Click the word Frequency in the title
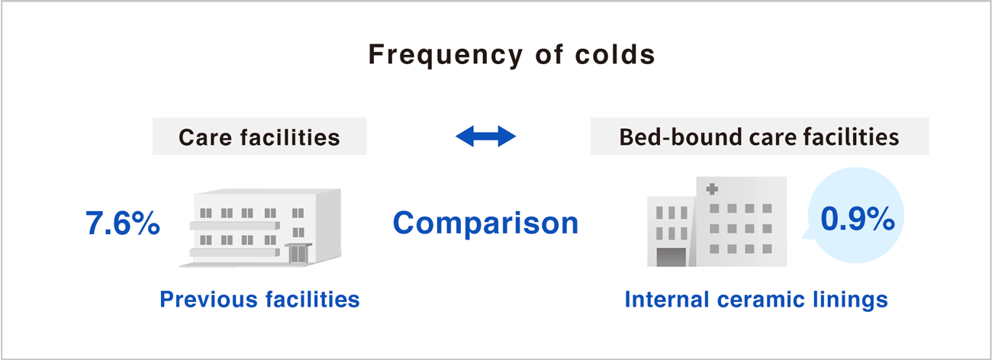click(x=446, y=56)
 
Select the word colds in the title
click(x=615, y=54)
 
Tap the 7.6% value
click(x=123, y=223)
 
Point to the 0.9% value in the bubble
click(x=858, y=219)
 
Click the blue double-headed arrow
click(x=486, y=136)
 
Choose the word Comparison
click(x=486, y=223)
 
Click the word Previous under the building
click(x=208, y=300)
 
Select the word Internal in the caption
click(x=667, y=299)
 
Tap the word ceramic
click(x=761, y=300)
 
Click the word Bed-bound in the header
click(x=680, y=137)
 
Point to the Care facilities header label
click(x=259, y=137)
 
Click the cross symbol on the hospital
click(x=712, y=189)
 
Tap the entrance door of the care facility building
click(x=298, y=254)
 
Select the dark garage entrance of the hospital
click(x=671, y=257)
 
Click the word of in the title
click(x=549, y=54)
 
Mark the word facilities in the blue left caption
click(x=313, y=300)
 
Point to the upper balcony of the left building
click(x=235, y=226)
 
